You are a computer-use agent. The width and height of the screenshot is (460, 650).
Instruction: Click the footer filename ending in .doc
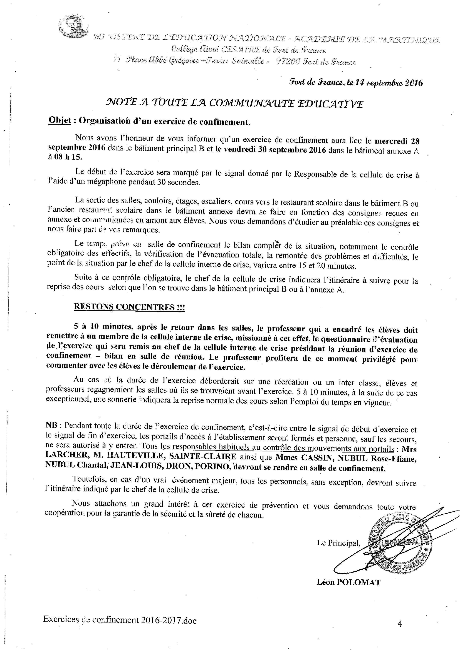pos(120,620)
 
